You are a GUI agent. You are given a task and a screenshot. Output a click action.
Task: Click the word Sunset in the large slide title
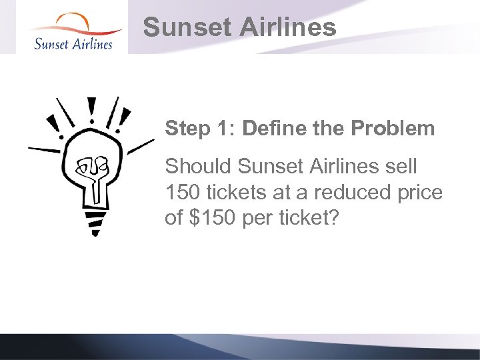[x=179, y=28]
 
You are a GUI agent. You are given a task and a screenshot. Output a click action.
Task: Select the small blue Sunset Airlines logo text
[x=73, y=43]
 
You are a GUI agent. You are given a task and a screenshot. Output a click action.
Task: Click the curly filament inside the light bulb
[x=93, y=172]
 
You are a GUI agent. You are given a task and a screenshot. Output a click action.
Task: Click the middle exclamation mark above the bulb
[x=91, y=110]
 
